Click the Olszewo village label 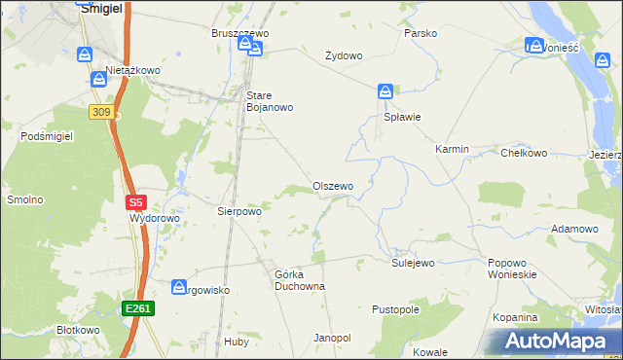click(x=332, y=186)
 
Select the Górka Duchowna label click(x=299, y=280)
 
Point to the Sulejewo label click(x=413, y=263)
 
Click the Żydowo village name click(x=344, y=55)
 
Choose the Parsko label click(x=421, y=33)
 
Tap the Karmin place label click(x=452, y=150)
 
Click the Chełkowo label click(x=524, y=153)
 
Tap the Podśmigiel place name click(x=47, y=137)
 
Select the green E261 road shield click(x=138, y=308)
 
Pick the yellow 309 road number click(x=100, y=112)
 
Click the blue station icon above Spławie click(x=385, y=92)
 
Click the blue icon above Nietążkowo click(x=85, y=55)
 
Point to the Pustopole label click(x=395, y=309)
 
